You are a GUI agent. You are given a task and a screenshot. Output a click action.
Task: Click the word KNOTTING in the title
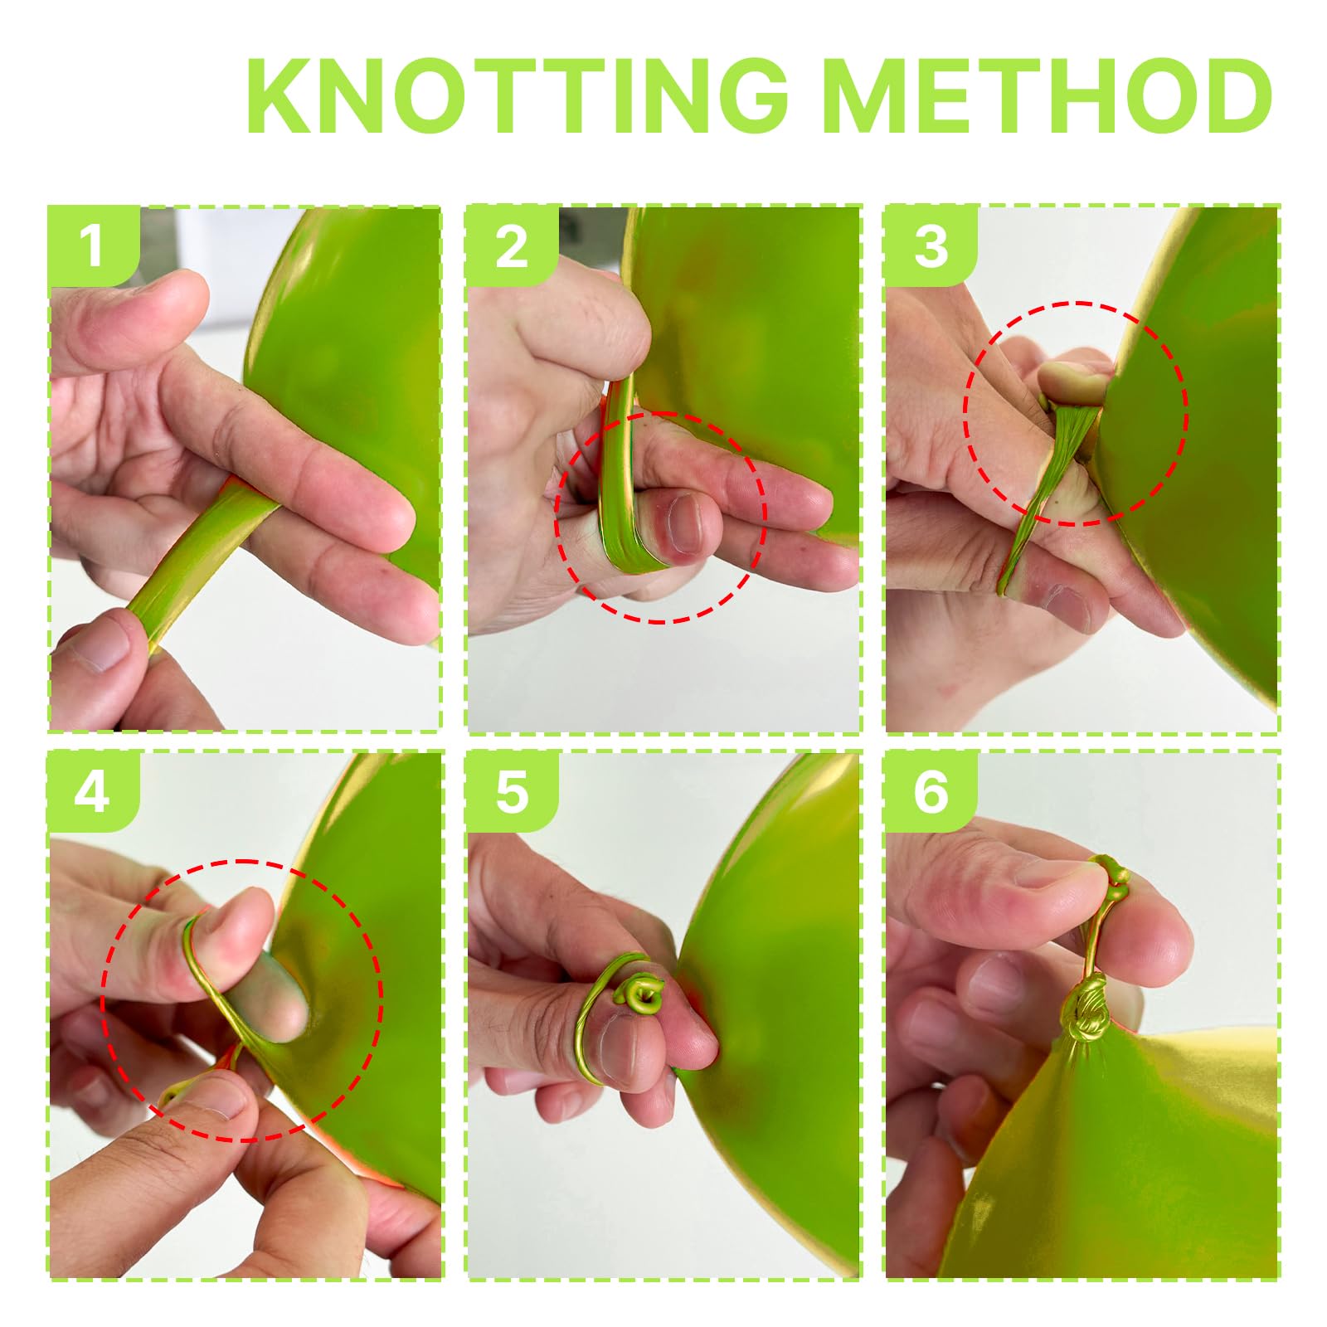tap(517, 97)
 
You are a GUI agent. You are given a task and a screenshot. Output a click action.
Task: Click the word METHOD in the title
tap(1050, 97)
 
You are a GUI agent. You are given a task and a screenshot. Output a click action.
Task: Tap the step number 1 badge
tap(91, 245)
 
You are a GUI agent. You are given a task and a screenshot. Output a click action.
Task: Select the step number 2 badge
tap(511, 245)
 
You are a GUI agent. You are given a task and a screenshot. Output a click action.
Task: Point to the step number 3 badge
tap(931, 245)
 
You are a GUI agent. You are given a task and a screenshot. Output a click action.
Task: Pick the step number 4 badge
tap(91, 791)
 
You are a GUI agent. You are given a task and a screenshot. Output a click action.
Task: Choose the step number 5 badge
tap(511, 791)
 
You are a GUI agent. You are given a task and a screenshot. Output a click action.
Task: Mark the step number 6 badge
tap(931, 791)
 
